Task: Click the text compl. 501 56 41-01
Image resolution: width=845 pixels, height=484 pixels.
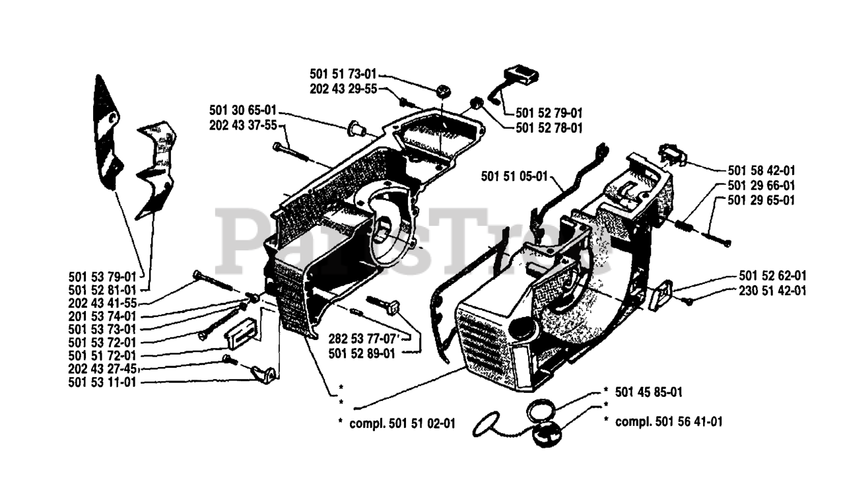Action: coord(668,421)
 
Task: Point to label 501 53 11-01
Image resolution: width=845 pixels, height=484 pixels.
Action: coord(102,382)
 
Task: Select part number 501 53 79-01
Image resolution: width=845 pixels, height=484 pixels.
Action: coord(102,275)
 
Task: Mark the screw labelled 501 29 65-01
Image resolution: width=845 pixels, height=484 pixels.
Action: coord(716,238)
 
